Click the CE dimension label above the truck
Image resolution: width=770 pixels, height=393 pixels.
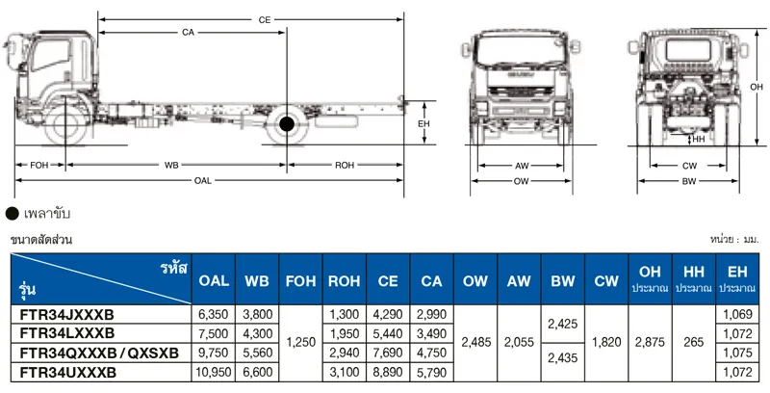pos(264,19)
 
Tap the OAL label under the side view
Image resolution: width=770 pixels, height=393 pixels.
pos(202,180)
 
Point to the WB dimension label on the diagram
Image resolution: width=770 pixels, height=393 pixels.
pos(171,166)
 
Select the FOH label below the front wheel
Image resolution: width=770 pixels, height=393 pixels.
pos(39,166)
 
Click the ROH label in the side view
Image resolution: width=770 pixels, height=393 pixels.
pos(345,166)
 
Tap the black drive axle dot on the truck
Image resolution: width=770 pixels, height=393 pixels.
pos(287,123)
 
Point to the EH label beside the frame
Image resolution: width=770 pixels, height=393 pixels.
pos(423,124)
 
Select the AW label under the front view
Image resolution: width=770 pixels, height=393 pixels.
pos(522,166)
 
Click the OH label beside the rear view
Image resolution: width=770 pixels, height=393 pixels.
pos(757,88)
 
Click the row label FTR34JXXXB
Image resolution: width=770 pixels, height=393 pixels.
pos(66,315)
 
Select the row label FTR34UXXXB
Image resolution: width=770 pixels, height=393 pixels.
pos(68,372)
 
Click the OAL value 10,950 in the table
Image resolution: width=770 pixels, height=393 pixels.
pos(213,372)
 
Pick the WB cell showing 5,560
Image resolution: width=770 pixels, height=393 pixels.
pos(257,354)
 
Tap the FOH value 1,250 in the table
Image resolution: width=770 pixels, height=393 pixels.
pos(301,344)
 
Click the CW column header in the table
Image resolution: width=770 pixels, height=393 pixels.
pos(606,281)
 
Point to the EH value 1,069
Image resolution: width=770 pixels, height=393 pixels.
pos(737,315)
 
